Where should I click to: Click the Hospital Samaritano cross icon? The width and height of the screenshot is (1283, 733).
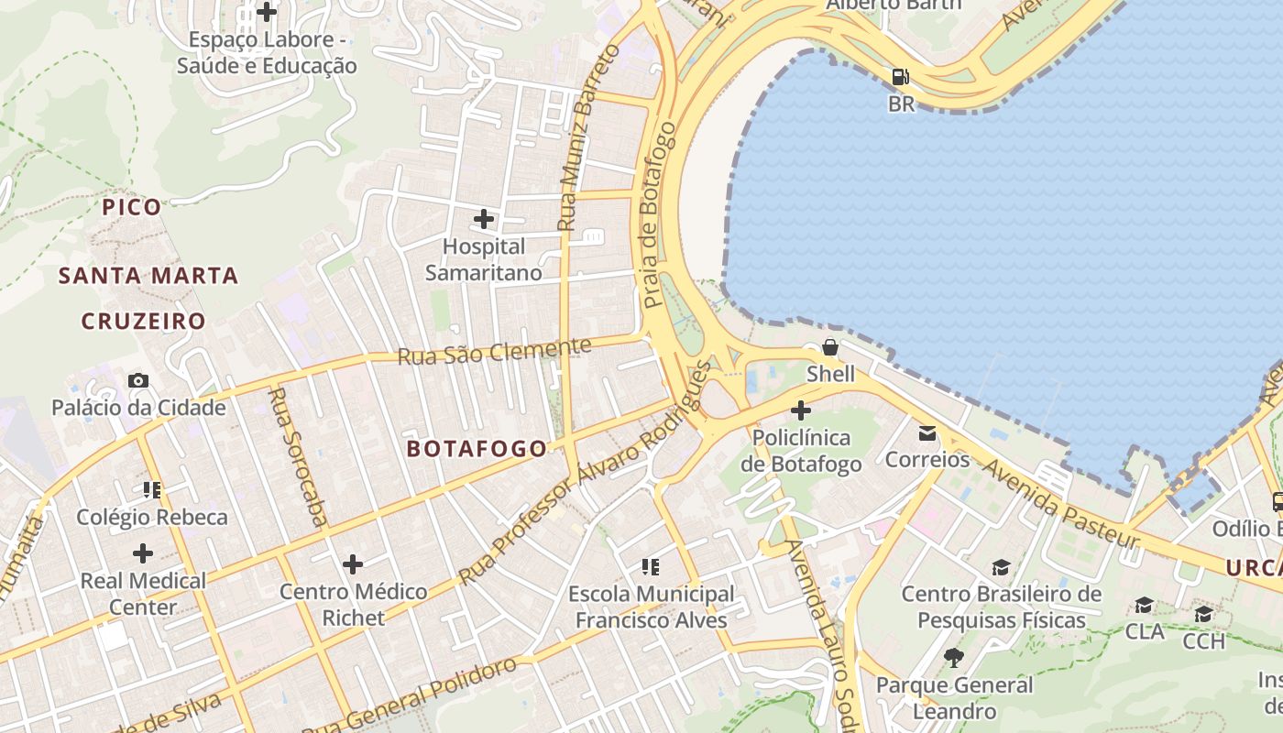tap(484, 219)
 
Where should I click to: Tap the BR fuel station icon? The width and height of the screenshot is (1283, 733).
tap(901, 77)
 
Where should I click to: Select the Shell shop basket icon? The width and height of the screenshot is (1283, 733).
tap(829, 347)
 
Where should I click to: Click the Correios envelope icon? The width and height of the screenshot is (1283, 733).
tap(927, 432)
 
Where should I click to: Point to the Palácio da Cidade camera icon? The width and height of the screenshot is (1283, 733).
tap(138, 380)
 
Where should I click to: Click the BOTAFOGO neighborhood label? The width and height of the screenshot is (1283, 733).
tap(477, 448)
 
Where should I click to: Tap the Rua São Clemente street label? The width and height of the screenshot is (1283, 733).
tap(494, 351)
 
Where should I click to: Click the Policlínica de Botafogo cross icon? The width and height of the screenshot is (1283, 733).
tap(801, 410)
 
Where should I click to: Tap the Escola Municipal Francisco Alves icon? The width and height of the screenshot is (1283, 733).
tap(651, 567)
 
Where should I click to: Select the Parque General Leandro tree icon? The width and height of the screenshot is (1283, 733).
tap(953, 658)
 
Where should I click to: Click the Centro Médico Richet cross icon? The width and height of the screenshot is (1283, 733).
tap(353, 563)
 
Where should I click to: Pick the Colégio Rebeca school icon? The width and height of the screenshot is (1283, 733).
tap(152, 490)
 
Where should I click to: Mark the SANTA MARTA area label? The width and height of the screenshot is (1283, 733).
tap(148, 276)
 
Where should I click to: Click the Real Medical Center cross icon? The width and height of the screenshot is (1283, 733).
tap(143, 552)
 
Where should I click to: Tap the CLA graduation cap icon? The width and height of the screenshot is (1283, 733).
tap(1144, 606)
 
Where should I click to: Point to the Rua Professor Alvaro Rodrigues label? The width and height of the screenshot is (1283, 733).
tap(586, 473)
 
